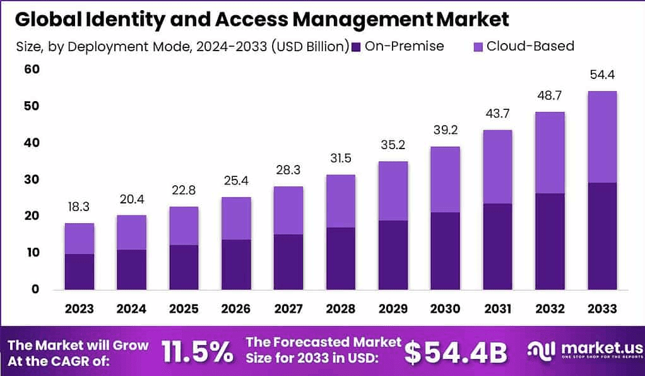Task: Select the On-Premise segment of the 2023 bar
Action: [x=79, y=271]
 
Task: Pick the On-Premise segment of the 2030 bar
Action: [x=445, y=250]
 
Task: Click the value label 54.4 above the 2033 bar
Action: [x=601, y=75]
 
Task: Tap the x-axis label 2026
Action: [x=235, y=308]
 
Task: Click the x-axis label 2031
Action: [x=497, y=308]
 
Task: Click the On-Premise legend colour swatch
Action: [x=357, y=46]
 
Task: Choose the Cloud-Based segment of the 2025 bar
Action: [x=184, y=226]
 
